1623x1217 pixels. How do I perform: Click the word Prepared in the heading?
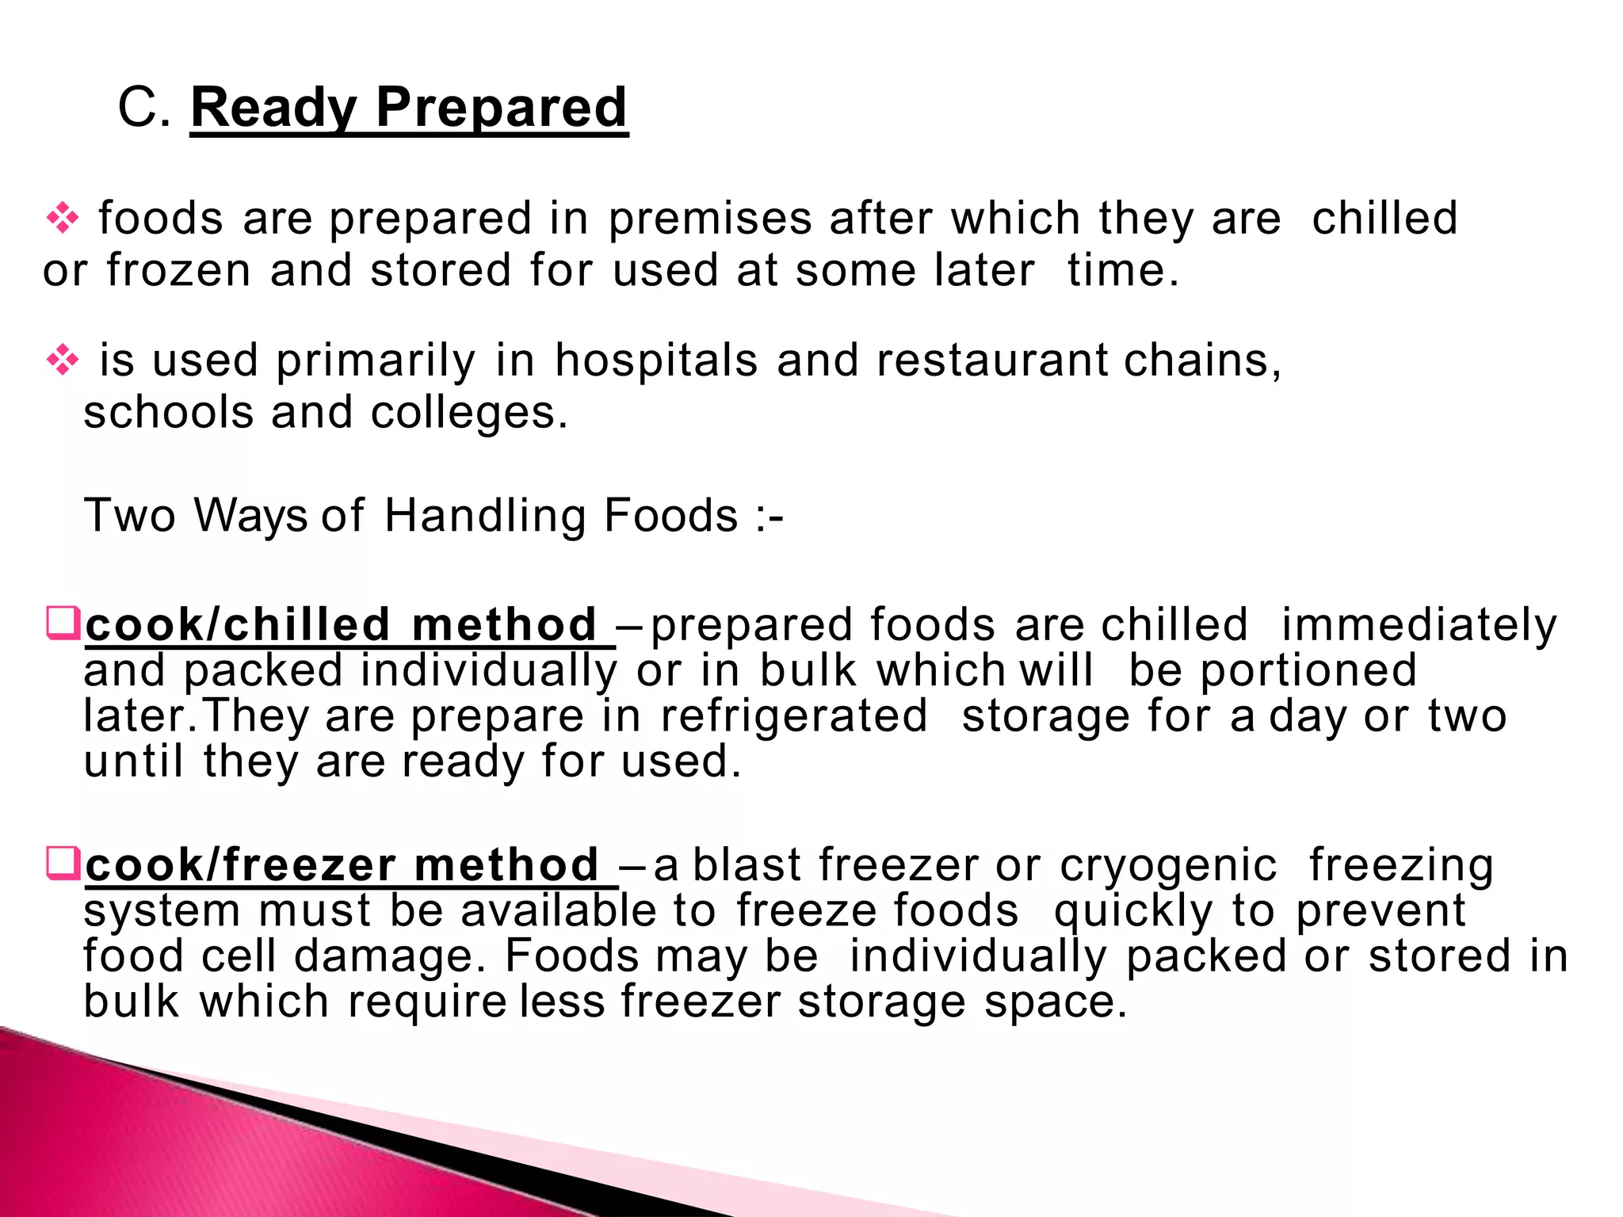tap(501, 109)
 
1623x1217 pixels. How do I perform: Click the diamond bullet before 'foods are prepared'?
tap(63, 219)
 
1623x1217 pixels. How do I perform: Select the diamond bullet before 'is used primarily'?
tap(63, 361)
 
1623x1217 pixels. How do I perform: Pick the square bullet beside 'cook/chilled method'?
tap(63, 623)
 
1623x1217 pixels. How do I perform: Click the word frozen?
tap(178, 271)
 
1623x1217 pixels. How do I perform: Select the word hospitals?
tap(656, 361)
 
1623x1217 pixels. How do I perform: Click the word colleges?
tap(468, 414)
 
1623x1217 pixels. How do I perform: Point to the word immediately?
tap(1419, 626)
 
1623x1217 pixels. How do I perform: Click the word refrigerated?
tap(794, 716)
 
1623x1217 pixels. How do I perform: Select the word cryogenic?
tap(1168, 865)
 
